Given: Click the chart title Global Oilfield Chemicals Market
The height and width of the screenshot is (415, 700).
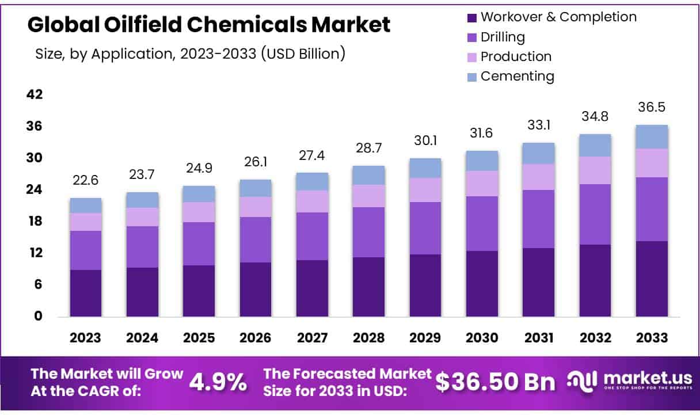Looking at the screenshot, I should click(x=208, y=25).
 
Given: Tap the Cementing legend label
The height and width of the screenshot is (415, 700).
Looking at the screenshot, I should click(x=517, y=76).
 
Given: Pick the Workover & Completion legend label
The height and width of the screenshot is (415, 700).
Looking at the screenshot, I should click(x=558, y=17).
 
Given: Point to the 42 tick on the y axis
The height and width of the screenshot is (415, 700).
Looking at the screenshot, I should click(x=35, y=94).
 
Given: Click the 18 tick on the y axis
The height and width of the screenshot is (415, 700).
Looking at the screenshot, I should click(x=35, y=222).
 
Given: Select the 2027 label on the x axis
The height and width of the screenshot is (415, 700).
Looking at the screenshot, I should click(x=312, y=338).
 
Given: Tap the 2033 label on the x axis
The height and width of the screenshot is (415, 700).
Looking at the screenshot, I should click(x=652, y=338).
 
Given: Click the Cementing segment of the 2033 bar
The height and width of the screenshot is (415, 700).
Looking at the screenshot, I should click(x=652, y=137).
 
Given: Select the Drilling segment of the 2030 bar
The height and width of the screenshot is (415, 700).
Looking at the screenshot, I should click(x=482, y=223).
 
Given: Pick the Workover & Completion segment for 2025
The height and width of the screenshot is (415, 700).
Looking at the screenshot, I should click(x=199, y=291).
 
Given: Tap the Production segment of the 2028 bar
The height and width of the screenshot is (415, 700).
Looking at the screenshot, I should click(x=368, y=196).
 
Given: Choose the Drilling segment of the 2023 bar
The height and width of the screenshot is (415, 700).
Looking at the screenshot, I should click(x=86, y=250).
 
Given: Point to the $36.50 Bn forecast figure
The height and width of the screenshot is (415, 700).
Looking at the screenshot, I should click(x=495, y=381).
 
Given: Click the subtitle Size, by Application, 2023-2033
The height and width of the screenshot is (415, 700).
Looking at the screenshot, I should click(x=190, y=54).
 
